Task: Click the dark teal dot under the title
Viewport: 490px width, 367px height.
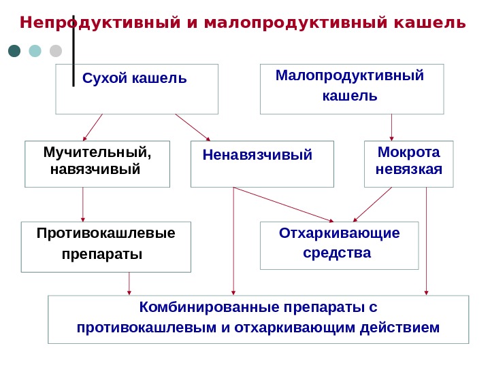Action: pyautogui.click(x=14, y=51)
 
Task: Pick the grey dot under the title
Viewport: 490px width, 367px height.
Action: pyautogui.click(x=56, y=51)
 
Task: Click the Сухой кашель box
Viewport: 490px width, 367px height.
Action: pyautogui.click(x=137, y=89)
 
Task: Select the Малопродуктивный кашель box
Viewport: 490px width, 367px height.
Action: pyautogui.click(x=352, y=89)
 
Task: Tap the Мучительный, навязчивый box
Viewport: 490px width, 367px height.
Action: pyautogui.click(x=97, y=164)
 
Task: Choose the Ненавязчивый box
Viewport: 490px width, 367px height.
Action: pyautogui.click(x=262, y=164)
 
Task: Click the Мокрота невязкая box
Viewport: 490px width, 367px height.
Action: pyautogui.click(x=408, y=164)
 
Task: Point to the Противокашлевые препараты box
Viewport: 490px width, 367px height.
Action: pyautogui.click(x=105, y=246)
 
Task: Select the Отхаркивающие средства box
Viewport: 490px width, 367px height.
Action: pyautogui.click(x=340, y=245)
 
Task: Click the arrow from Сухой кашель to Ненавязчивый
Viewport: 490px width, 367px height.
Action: pyautogui.click(x=193, y=126)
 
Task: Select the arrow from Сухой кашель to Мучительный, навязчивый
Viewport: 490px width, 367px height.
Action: pyautogui.click(x=93, y=126)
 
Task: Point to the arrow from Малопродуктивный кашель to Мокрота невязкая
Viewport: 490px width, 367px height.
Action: pyautogui.click(x=391, y=126)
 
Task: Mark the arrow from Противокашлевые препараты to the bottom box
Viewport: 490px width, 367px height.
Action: pyautogui.click(x=129, y=283)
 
